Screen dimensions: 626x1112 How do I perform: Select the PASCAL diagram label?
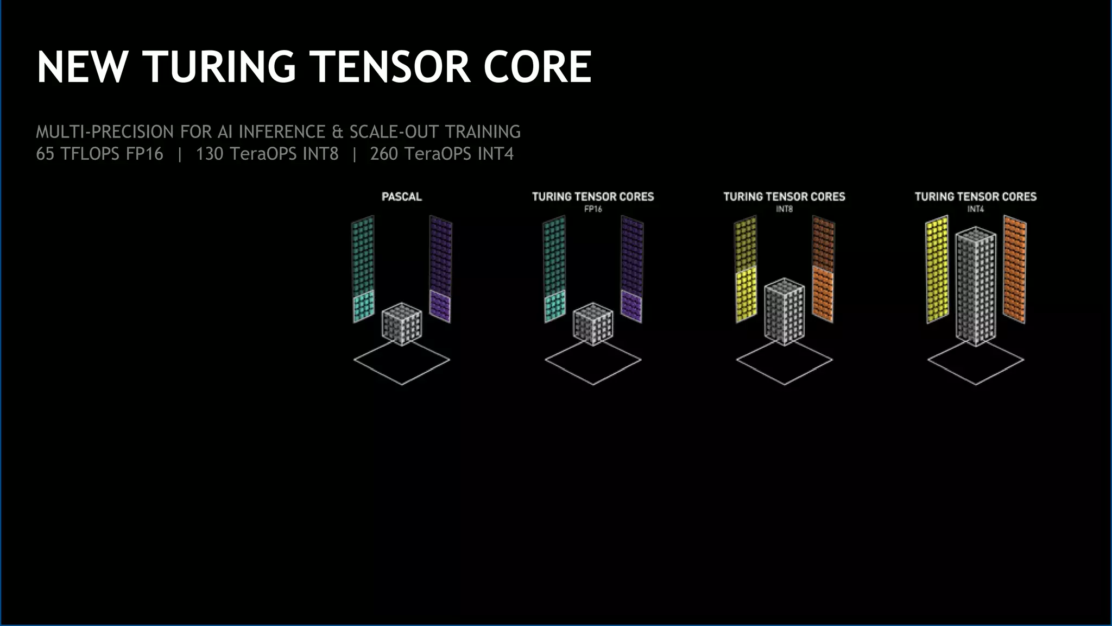click(401, 197)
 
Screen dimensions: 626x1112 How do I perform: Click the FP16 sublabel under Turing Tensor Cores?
click(593, 209)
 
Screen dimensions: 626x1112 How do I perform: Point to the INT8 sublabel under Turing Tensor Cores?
click(784, 209)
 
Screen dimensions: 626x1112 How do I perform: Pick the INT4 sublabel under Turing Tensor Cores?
click(975, 209)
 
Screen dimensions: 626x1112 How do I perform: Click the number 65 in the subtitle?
click(45, 154)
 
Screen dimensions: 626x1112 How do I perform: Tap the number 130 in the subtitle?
click(210, 154)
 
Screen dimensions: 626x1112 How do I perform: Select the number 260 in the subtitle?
click(384, 154)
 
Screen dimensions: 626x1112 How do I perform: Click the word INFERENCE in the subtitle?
click(282, 132)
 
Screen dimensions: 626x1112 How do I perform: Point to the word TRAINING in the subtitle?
click(483, 132)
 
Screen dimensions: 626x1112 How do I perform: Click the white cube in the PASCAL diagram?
click(402, 324)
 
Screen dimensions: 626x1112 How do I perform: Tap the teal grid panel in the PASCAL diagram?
click(363, 269)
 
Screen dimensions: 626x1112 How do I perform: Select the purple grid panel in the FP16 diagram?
click(632, 269)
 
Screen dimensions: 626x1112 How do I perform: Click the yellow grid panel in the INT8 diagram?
click(746, 269)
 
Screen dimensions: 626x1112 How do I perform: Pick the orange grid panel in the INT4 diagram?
click(1014, 269)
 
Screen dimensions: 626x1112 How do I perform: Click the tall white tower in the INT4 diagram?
click(976, 287)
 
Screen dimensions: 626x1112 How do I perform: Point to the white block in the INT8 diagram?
click(784, 312)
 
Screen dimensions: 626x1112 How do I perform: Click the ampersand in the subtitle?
click(337, 132)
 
